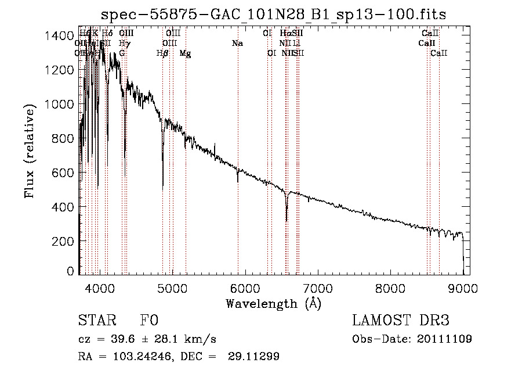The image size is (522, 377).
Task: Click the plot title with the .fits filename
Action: pos(273,15)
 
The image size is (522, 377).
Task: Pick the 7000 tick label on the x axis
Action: pos(317,288)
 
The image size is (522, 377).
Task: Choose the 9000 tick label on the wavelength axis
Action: pos(463,288)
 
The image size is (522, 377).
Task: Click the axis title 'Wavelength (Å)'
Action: pos(273,303)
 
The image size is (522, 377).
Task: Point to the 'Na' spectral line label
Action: pos(237,44)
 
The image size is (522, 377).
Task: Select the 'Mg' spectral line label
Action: pos(186,53)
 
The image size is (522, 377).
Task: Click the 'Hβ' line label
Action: pos(162,53)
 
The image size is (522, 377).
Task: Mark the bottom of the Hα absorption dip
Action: pos(287,221)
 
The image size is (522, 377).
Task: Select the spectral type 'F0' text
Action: pos(149,321)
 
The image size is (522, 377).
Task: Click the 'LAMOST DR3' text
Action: pos(401,321)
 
